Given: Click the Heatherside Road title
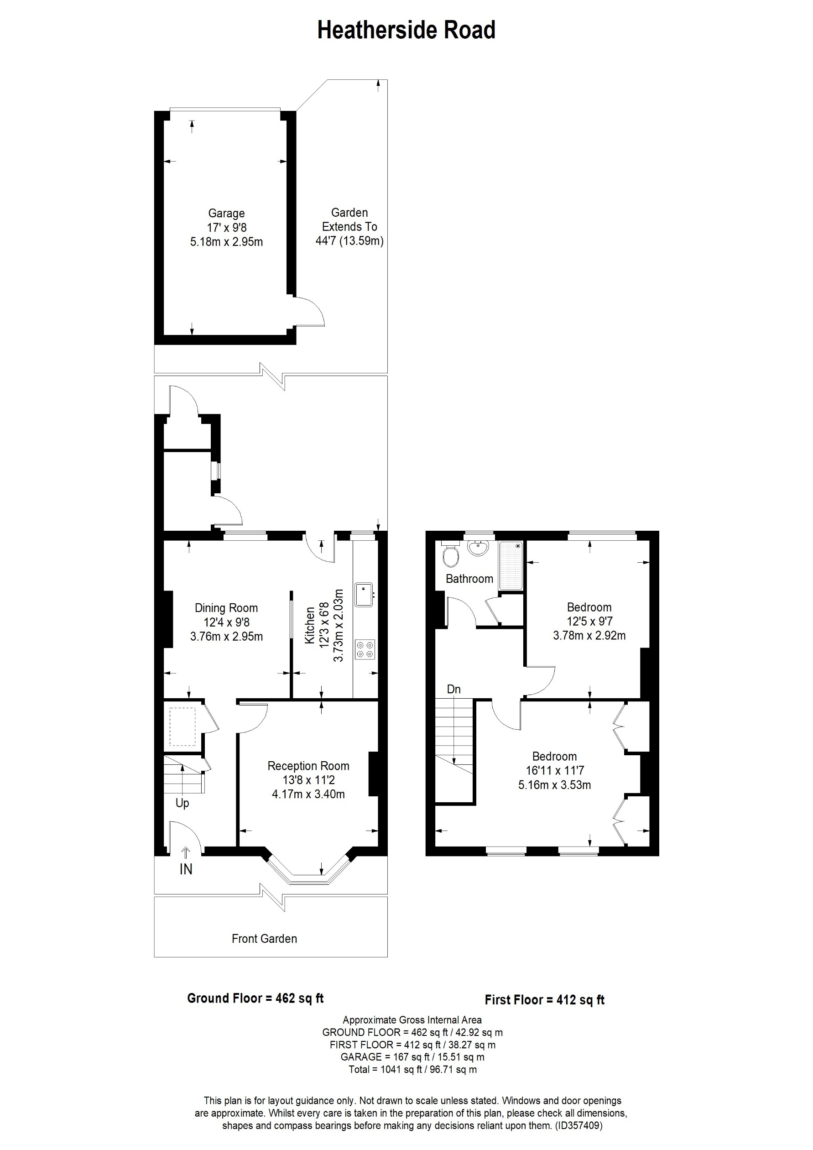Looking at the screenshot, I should tap(406, 30).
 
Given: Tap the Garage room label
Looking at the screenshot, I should tap(226, 214).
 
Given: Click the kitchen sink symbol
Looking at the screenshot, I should tap(364, 595).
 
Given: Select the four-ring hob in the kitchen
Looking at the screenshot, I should tap(365, 650).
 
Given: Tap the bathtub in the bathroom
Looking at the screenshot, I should tap(511, 565).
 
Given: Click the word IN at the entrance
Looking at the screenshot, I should tap(186, 869).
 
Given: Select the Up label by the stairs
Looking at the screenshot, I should tap(182, 803).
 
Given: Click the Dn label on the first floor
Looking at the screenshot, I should tap(453, 689).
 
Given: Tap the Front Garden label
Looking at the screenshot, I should tap(264, 939).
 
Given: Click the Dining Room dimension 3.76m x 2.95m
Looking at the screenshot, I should tap(226, 637).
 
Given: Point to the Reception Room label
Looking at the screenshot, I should tap(308, 766).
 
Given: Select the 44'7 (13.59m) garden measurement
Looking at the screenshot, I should tap(349, 241).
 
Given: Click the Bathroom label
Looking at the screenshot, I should tap(469, 579).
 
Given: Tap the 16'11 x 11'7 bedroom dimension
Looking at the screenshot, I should tap(554, 771).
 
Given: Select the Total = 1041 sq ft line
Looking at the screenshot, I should tap(412, 1069).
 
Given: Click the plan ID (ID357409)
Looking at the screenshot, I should tap(578, 1125).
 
